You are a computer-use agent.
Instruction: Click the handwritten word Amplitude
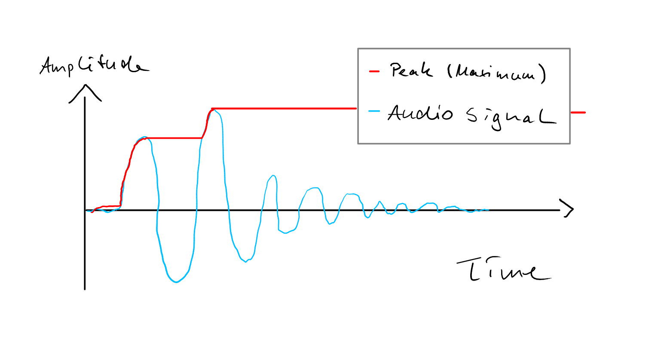pyautogui.click(x=95, y=66)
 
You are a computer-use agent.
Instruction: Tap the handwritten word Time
pyautogui.click(x=504, y=269)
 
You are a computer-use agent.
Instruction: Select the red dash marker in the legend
pyautogui.click(x=374, y=71)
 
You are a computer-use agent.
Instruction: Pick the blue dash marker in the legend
pyautogui.click(x=374, y=111)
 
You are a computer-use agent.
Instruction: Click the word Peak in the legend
pyautogui.click(x=411, y=70)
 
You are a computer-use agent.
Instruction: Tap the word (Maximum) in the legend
pyautogui.click(x=496, y=73)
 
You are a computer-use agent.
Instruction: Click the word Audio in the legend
pyautogui.click(x=420, y=113)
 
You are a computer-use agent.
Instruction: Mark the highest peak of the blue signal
pyautogui.click(x=214, y=110)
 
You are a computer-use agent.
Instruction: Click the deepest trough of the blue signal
pyautogui.click(x=176, y=282)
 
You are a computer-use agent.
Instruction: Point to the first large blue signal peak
pyautogui.click(x=144, y=137)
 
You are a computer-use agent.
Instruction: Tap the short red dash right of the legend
pyautogui.click(x=578, y=113)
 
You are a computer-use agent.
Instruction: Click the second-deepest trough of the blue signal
pyautogui.click(x=246, y=262)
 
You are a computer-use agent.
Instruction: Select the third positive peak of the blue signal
pyautogui.click(x=273, y=176)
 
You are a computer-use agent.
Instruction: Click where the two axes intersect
pyautogui.click(x=85, y=210)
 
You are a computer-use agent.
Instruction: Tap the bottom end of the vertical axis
pyautogui.click(x=85, y=290)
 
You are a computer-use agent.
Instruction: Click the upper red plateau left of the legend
pyautogui.click(x=285, y=109)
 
